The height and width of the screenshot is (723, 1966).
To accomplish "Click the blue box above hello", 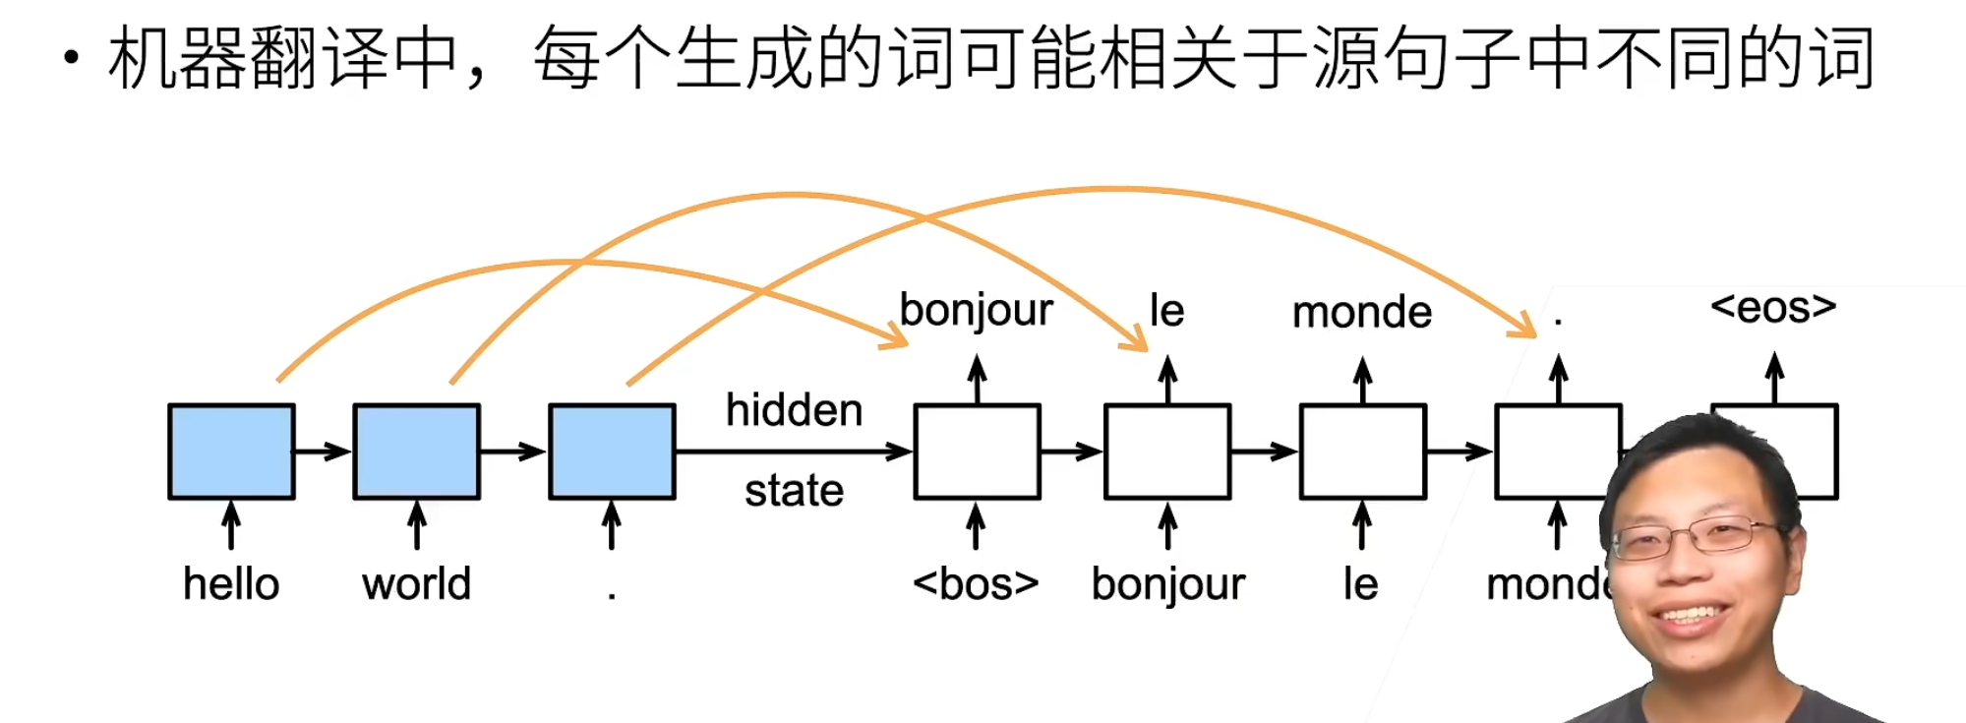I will (231, 452).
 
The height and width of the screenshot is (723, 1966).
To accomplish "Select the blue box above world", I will (417, 452).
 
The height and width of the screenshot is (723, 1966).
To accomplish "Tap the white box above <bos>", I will (977, 452).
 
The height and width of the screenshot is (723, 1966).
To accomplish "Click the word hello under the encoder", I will (231, 584).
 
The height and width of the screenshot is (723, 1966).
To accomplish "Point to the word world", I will (417, 584).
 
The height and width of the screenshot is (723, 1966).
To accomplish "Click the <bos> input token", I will (976, 584).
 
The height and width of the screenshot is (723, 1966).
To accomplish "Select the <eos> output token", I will (1773, 308).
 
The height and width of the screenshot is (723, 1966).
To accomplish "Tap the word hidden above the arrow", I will (794, 410).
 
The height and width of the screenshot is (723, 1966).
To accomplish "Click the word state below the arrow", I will (794, 491).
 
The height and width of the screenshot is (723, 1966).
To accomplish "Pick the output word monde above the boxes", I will (1362, 313).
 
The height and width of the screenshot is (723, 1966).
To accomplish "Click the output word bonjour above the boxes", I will (976, 311).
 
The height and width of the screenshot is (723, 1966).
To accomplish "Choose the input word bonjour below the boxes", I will (1167, 584).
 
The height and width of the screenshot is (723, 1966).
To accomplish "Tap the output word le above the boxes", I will (1167, 311).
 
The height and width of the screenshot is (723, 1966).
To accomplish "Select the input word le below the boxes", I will (1361, 584).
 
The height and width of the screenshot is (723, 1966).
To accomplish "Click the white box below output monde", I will (1362, 452).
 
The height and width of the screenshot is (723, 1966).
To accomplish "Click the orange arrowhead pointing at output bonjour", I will (896, 336).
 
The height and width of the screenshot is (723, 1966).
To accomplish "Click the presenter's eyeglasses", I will (1697, 537).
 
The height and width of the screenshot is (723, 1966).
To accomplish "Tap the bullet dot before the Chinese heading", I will (71, 57).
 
